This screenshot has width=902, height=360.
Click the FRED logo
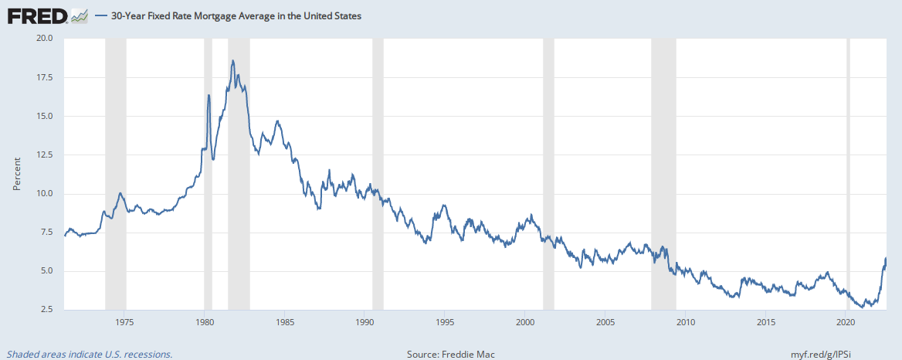pyautogui.click(x=37, y=15)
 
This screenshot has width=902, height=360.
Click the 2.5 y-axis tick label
pyautogui.click(x=46, y=310)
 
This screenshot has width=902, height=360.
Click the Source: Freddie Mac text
pyautogui.click(x=450, y=354)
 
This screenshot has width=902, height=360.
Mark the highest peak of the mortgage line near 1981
pyautogui.click(x=232, y=60)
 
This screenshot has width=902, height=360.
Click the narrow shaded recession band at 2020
pyautogui.click(x=848, y=174)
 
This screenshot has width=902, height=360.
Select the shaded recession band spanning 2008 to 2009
pyautogui.click(x=663, y=174)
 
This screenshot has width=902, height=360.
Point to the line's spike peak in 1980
pyautogui.click(x=209, y=95)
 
